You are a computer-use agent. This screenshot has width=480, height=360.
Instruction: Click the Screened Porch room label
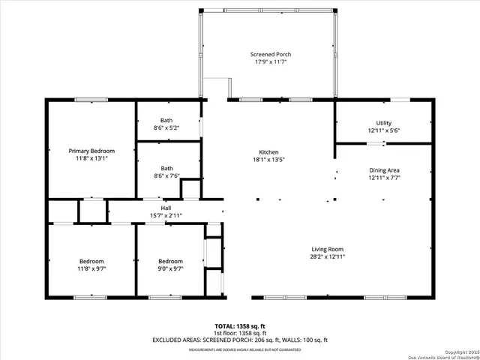pyautogui.click(x=270, y=55)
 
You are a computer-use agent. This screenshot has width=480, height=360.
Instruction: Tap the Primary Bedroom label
pyautogui.click(x=91, y=151)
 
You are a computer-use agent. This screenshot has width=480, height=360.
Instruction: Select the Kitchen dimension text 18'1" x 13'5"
pyautogui.click(x=270, y=159)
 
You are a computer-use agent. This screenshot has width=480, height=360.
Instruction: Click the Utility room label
pyautogui.click(x=383, y=123)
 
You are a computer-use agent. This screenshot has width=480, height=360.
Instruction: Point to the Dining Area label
pyautogui.click(x=383, y=170)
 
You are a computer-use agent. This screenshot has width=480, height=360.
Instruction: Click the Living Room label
pyautogui.click(x=328, y=249)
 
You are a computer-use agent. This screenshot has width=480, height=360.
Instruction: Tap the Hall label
pyautogui.click(x=166, y=208)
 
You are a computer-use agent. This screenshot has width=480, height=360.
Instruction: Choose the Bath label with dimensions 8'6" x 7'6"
pyautogui.click(x=166, y=168)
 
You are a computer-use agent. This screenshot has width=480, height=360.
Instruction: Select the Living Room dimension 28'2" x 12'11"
pyautogui.click(x=328, y=257)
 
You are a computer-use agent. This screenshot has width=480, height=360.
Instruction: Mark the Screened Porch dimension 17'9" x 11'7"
pyautogui.click(x=270, y=62)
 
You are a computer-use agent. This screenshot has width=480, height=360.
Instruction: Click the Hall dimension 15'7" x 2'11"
pyautogui.click(x=166, y=215)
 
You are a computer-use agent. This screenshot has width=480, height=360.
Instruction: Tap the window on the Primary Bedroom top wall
pyautogui.click(x=85, y=100)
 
